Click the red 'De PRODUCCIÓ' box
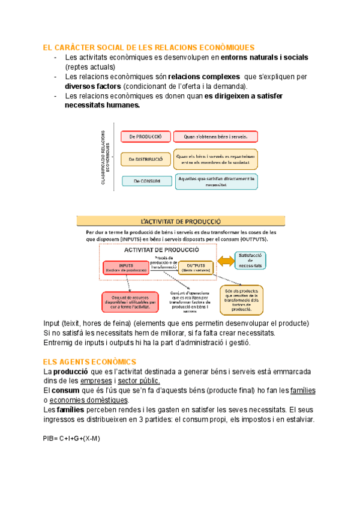point(146,137)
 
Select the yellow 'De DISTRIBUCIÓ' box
point(146,159)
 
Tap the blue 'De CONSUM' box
point(146,181)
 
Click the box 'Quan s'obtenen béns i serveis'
point(215,137)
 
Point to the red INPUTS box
point(126,267)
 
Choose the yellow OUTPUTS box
point(196,267)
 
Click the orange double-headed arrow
point(227,261)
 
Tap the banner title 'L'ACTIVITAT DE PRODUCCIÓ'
point(181,221)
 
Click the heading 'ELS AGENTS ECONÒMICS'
point(89,361)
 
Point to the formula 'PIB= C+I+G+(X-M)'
point(71,438)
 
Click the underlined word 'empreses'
point(96,381)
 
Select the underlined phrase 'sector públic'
point(139,381)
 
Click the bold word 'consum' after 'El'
point(65,390)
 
